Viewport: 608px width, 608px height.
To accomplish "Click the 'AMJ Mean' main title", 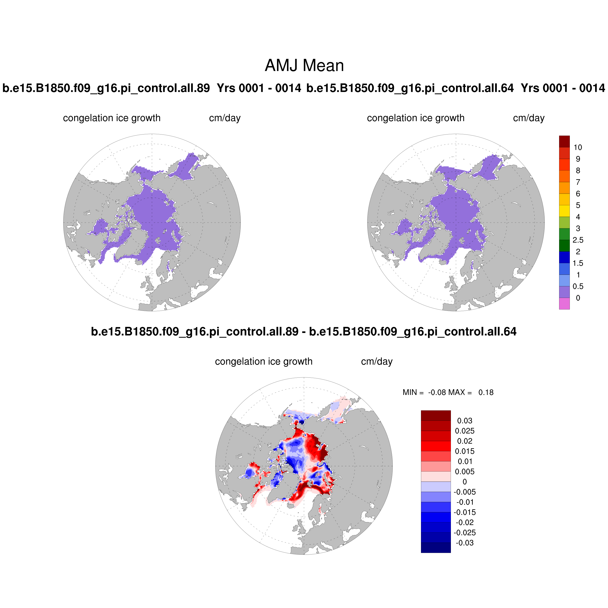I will (x=304, y=65).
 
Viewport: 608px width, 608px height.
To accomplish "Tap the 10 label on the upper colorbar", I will (x=578, y=147).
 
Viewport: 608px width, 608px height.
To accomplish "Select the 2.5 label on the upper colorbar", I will (x=578, y=240).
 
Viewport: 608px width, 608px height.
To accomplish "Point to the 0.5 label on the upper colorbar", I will (x=578, y=286).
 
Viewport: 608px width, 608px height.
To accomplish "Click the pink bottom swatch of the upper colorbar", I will (x=564, y=304).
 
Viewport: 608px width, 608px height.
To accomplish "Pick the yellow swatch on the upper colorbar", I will (x=564, y=211).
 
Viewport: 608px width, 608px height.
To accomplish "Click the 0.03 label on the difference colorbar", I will (x=465, y=421).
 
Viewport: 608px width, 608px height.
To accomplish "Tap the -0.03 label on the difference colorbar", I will (x=465, y=543).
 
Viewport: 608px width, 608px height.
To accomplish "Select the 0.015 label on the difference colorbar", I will (x=465, y=451).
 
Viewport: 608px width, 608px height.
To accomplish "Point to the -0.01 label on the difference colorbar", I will (x=465, y=502).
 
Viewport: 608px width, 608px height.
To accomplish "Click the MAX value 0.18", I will (x=486, y=393).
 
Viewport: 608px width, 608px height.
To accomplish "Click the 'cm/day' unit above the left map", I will (x=225, y=118).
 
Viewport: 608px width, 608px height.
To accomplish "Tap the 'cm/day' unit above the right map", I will (x=529, y=118).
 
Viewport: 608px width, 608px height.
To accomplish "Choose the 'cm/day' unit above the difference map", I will (x=377, y=362).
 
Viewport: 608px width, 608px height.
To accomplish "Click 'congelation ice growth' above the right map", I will (x=415, y=118).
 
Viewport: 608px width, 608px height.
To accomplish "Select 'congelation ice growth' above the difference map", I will (x=264, y=362).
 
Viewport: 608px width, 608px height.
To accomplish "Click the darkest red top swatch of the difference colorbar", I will (x=436, y=415).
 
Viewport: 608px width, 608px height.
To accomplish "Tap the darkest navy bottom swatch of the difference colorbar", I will (x=436, y=548).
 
